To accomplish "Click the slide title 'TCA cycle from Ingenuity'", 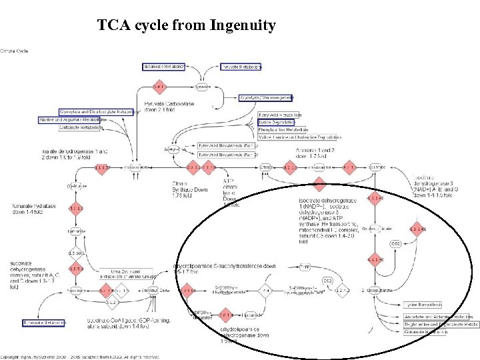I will coord(186,26).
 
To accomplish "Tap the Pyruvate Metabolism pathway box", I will coord(241,67).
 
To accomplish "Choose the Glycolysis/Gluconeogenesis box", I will coord(266,97).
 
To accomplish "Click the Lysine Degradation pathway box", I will coord(276,123).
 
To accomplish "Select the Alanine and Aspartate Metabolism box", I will coord(73,119).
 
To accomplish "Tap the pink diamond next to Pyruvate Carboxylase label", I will coord(159,87).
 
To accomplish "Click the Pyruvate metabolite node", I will coord(203,87).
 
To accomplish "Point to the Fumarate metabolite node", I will coord(75,231).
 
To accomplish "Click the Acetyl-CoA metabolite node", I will coord(175,149).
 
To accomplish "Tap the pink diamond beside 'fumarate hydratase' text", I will coord(75,208).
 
